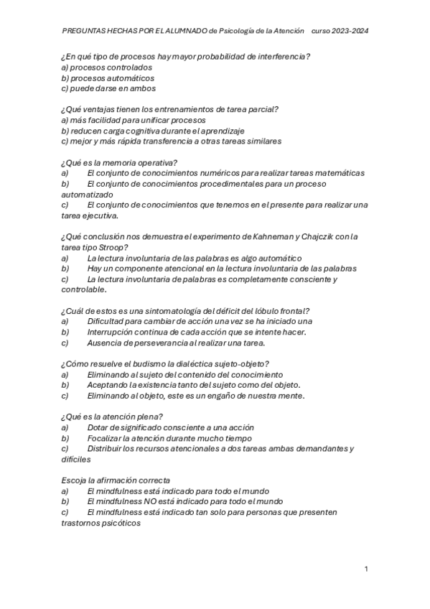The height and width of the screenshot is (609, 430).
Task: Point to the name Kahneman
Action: [x=270, y=236]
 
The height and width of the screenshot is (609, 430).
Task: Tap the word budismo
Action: [x=136, y=363]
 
